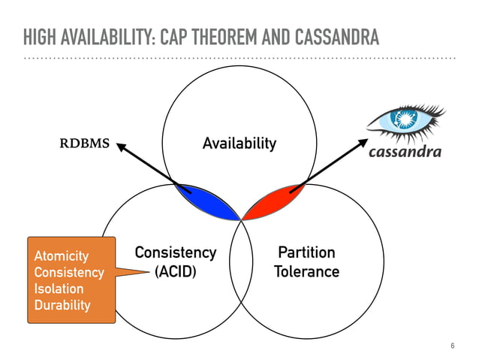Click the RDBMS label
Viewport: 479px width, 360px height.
84,143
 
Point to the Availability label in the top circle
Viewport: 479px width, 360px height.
239,143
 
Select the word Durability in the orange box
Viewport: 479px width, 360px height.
62,305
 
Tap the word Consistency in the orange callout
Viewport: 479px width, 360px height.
69,273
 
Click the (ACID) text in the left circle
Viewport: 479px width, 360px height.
175,271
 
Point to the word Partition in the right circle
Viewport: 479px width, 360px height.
306,253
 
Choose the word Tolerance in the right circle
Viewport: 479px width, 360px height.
306,271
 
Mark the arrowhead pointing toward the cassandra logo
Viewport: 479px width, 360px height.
361,142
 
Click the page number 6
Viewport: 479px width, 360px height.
452,346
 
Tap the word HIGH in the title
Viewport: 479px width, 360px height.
38,36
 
